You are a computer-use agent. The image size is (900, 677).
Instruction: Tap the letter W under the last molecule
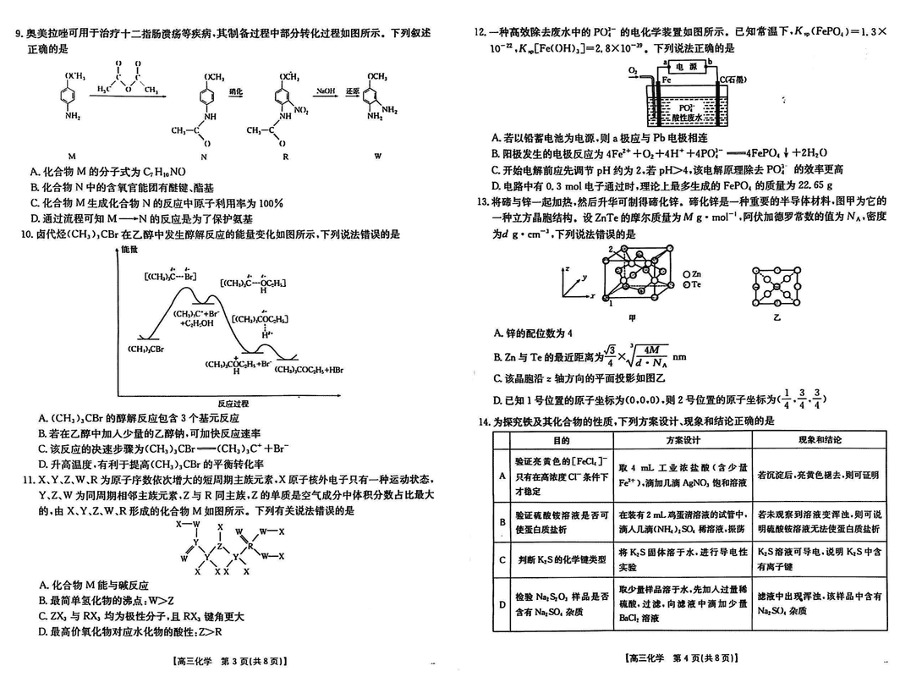[x=377, y=155]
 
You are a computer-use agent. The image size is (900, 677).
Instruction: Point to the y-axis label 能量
[x=129, y=250]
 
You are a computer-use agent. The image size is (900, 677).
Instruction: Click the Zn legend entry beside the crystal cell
[x=691, y=274]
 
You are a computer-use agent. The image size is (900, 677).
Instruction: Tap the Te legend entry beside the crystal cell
[x=691, y=286]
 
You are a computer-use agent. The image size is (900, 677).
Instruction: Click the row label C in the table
[x=502, y=559]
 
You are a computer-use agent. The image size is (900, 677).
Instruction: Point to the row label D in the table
[x=502, y=604]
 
